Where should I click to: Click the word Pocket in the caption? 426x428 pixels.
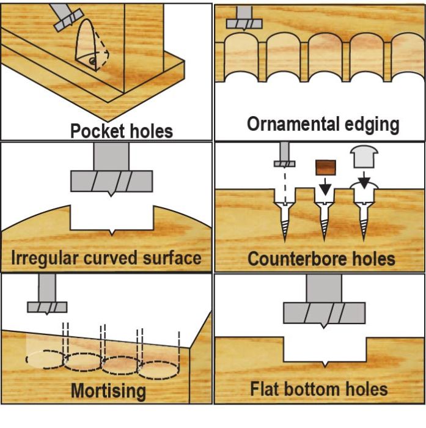coord(98,131)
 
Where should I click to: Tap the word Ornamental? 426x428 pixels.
coord(293,124)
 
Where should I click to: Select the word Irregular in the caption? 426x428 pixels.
coord(45,259)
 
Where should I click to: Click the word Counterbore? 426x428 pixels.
coord(297,259)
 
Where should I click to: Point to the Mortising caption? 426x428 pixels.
coord(108,391)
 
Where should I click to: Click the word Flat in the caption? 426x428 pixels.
coord(265,389)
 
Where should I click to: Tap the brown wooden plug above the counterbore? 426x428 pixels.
coord(326,168)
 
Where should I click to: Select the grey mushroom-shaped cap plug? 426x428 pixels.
coord(364,157)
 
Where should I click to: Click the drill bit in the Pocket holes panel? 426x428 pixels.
coord(68,17)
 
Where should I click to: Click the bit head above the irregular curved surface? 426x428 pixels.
coord(112,182)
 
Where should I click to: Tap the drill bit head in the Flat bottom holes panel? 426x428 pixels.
coord(324,314)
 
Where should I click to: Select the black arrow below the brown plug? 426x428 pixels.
coord(325,186)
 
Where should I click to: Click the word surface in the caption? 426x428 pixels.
coord(172,258)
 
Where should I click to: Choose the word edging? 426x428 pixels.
coord(372,125)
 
